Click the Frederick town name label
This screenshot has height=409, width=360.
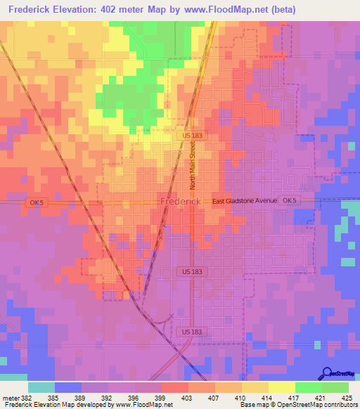181,202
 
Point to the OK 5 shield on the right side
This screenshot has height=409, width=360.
288,201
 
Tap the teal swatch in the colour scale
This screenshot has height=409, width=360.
41,387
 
